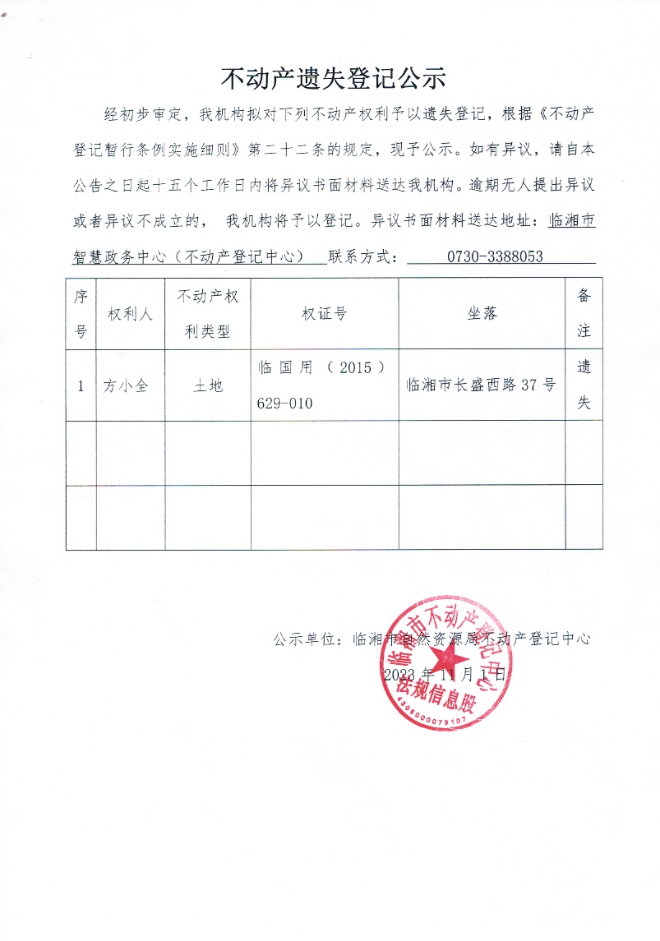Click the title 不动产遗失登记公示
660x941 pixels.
click(x=333, y=78)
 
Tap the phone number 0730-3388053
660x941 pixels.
click(x=494, y=256)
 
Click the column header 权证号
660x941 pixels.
click(x=324, y=315)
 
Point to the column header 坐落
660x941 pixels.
click(x=482, y=315)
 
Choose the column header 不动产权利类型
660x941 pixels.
click(x=208, y=315)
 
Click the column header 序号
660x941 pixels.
click(x=81, y=315)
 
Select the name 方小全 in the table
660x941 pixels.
click(x=126, y=385)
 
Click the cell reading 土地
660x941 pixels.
click(x=207, y=385)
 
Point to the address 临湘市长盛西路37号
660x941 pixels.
click(x=481, y=385)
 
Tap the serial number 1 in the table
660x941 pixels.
click(x=81, y=385)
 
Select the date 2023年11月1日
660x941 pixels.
click(x=444, y=674)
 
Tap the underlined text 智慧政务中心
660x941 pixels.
click(x=122, y=256)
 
